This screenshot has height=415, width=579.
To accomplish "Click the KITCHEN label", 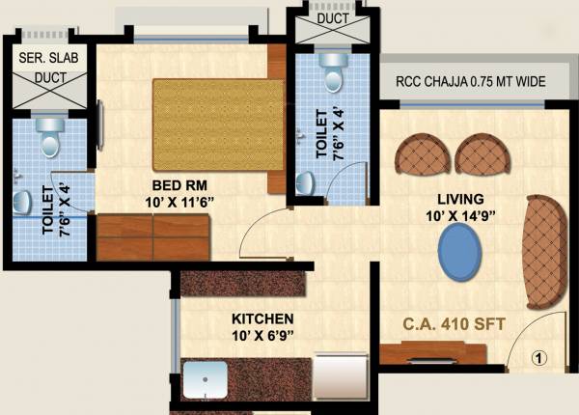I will (262, 318).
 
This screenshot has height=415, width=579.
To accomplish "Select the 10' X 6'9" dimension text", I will (262, 335).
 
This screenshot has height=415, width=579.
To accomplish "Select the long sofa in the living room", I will (546, 253).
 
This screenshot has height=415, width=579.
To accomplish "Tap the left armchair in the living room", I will (424, 153).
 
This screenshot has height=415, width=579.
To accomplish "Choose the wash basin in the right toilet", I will (307, 182).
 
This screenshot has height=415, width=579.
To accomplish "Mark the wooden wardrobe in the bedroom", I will (153, 237).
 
